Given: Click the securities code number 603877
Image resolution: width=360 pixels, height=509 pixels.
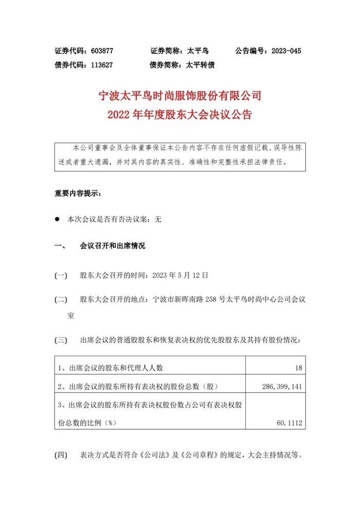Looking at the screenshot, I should [101, 51].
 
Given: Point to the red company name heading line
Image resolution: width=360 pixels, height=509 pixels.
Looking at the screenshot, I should [180, 95].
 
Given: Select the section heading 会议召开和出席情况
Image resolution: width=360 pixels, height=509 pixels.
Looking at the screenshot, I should [113, 246].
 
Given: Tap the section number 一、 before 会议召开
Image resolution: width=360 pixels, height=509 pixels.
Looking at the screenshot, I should [59, 246].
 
